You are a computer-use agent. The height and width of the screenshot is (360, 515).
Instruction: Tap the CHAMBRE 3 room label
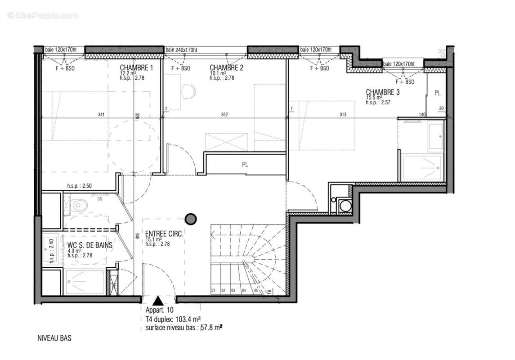coord(382,92)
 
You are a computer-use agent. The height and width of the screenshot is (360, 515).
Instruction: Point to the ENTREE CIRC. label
coord(164,234)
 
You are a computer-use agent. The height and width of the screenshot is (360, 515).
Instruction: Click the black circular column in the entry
coord(191,219)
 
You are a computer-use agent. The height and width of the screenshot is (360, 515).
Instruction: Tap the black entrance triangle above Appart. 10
coord(158,301)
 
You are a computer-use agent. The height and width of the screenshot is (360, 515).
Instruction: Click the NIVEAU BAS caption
coord(54,337)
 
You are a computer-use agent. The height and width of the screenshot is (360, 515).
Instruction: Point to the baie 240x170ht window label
coord(181,50)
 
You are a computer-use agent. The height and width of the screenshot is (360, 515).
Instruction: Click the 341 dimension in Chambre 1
coord(101,115)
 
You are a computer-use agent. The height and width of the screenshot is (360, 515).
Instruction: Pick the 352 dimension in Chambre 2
coord(224,115)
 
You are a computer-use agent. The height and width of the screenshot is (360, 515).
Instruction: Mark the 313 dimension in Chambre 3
coord(343,115)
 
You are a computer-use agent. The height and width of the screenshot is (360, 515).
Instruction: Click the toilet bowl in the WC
coord(80,206)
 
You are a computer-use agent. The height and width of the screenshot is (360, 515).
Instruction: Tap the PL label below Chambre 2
coord(245,165)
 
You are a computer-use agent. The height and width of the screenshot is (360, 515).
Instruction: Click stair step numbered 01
coord(214,291)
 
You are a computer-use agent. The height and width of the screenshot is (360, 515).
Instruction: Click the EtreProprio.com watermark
coord(43,16)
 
